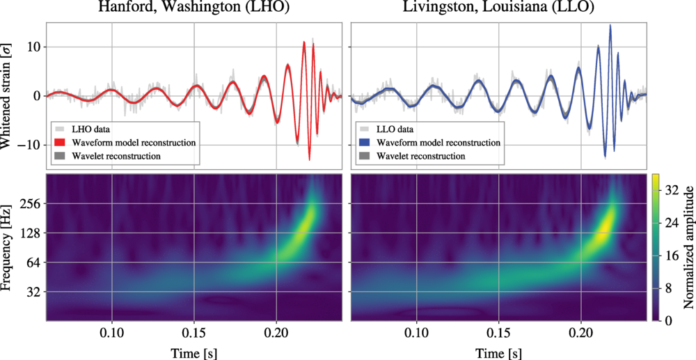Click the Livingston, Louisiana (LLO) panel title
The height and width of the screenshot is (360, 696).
point(498,9)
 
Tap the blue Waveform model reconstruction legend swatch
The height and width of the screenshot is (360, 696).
point(363,143)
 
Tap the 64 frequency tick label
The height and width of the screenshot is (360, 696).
point(31,263)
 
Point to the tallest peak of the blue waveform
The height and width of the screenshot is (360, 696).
point(610,26)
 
